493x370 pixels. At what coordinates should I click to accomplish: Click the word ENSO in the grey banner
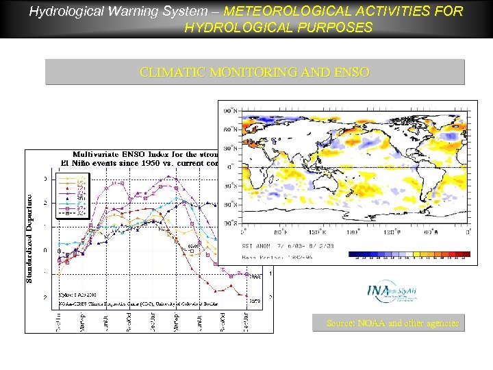(353, 71)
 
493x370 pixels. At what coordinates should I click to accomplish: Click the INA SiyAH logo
(391, 292)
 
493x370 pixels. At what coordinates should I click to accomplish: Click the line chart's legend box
(71, 195)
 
